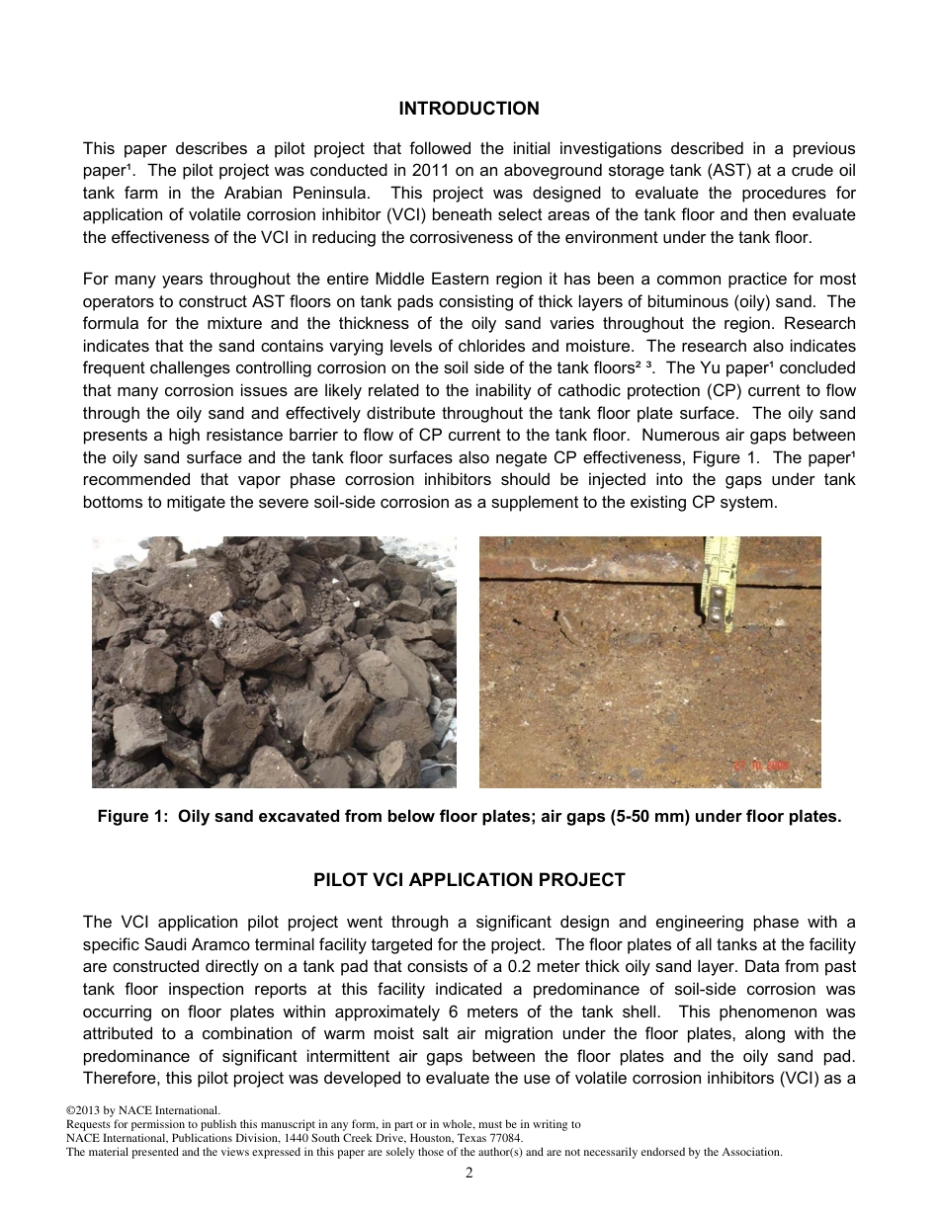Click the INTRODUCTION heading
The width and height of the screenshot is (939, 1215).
(469, 109)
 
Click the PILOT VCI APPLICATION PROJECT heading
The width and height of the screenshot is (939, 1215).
(469, 880)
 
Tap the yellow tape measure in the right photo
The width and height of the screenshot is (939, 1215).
(721, 583)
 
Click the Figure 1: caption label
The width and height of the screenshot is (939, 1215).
(132, 817)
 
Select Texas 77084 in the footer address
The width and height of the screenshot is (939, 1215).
(490, 1138)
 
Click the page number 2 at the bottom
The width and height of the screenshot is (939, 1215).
(469, 1174)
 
